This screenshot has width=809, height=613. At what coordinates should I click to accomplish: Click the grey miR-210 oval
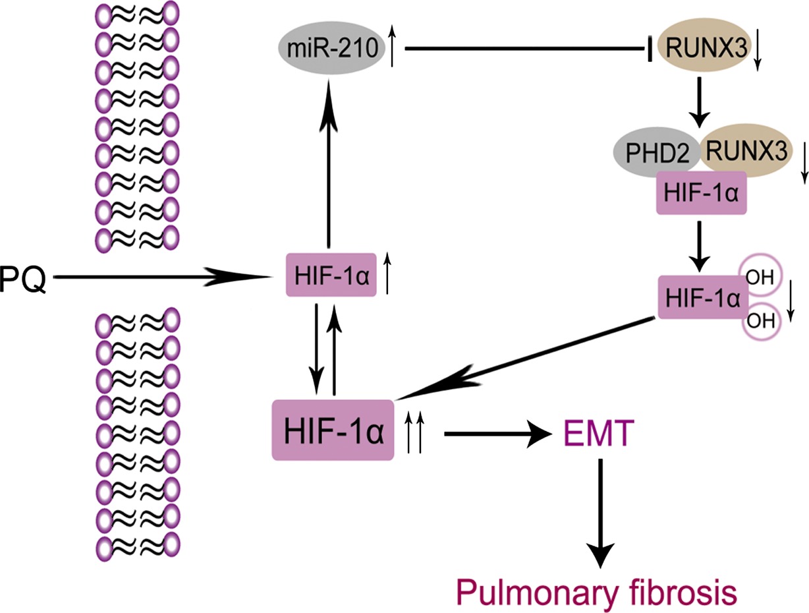[x=332, y=47]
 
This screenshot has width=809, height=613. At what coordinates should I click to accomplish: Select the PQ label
[x=23, y=279]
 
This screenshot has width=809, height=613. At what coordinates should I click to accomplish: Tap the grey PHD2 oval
[x=657, y=153]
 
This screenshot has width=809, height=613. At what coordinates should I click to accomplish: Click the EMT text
[x=599, y=434]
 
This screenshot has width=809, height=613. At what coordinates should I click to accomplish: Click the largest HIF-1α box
[x=333, y=430]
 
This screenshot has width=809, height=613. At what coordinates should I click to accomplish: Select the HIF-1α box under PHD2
[x=702, y=192]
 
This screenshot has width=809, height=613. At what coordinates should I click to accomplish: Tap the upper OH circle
[x=760, y=277]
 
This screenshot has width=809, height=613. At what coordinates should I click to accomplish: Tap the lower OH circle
[x=761, y=321]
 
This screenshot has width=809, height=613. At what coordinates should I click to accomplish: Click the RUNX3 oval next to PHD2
[x=745, y=150]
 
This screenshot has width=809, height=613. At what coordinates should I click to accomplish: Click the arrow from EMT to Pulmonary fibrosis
[x=601, y=514]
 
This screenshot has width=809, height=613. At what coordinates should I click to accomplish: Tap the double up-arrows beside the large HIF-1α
[x=414, y=433]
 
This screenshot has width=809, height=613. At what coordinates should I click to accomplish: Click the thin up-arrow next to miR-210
[x=392, y=45]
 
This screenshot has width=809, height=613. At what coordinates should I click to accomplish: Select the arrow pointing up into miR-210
[x=328, y=163]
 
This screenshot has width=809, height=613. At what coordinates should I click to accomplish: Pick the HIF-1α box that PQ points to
[x=331, y=275]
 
